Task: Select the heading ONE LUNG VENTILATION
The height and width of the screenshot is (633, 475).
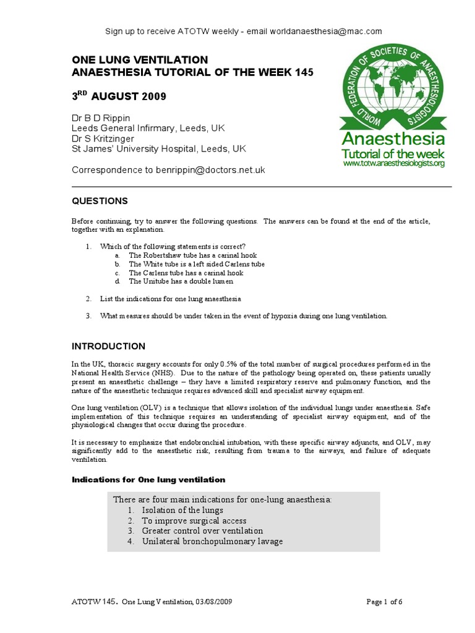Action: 140,60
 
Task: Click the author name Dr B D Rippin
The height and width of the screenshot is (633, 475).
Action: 101,117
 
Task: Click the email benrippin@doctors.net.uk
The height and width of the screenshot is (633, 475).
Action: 212,169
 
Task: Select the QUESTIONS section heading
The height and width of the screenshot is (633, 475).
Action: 100,201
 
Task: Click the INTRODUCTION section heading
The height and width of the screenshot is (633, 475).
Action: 109,346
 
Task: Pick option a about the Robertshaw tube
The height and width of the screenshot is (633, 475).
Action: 192,255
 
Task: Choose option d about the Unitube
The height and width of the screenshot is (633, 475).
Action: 181,281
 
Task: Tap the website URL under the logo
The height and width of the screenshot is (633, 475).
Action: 393,164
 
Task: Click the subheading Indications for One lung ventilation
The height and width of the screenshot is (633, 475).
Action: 149,480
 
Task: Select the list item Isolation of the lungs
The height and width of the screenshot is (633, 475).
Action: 182,510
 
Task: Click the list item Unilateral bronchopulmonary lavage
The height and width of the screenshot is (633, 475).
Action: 212,541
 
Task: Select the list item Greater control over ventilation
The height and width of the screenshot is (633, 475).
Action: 202,530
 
